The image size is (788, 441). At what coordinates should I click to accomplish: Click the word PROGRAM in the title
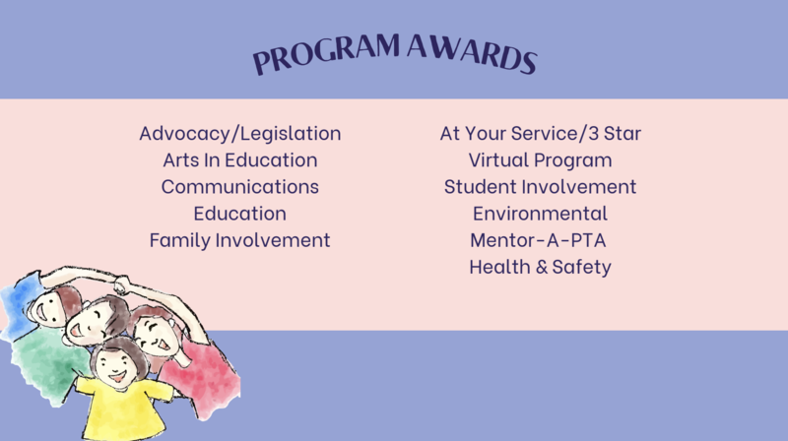pos(327,54)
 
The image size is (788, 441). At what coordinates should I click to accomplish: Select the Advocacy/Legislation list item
pos(240,134)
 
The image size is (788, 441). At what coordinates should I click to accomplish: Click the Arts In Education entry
pos(240,160)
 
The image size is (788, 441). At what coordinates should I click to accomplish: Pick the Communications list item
pos(240,187)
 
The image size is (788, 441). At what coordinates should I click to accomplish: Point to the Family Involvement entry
pos(240,240)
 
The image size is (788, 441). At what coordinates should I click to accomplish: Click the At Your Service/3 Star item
pos(540,134)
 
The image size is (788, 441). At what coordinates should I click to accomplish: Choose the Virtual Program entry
pos(540,160)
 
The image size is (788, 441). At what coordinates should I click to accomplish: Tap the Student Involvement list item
pos(540,187)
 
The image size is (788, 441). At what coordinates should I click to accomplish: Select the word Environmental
pos(540,214)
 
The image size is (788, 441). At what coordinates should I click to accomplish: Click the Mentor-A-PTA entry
pos(538,240)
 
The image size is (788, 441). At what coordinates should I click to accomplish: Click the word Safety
pos(581,268)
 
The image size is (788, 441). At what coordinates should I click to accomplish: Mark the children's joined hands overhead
pos(121,285)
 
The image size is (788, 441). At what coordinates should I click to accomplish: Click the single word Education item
pos(240,214)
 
